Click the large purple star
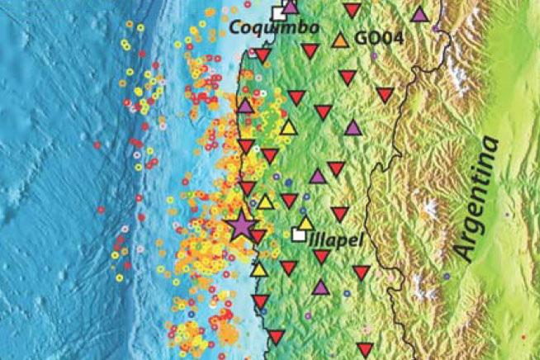(x=241, y=225)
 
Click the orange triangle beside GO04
(x=339, y=40)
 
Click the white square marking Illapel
(x=297, y=234)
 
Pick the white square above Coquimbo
(x=278, y=12)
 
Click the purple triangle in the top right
(x=420, y=14)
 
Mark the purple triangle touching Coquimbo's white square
(x=291, y=7)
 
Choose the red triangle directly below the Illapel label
(x=322, y=257)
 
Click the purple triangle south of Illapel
(x=320, y=287)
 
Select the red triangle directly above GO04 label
(x=353, y=12)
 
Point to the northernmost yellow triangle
(x=288, y=127)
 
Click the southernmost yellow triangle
(x=258, y=269)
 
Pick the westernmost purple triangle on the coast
(x=245, y=106)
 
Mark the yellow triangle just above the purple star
(x=265, y=201)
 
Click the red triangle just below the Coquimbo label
(x=263, y=56)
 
